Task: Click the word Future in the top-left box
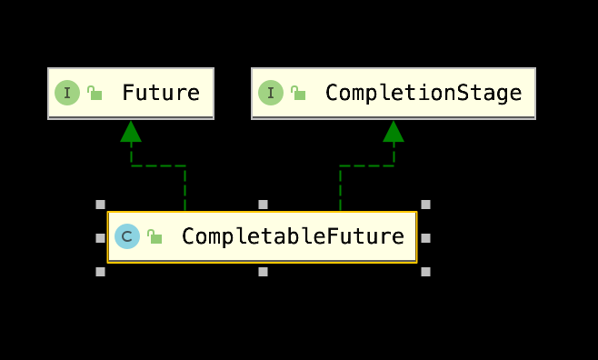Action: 161,93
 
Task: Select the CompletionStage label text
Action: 423,93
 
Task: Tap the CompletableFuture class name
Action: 293,237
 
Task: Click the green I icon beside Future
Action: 67,93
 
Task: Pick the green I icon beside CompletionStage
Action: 271,93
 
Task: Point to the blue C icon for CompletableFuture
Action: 127,237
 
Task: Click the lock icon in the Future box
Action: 95,93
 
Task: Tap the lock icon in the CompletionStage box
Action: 298,93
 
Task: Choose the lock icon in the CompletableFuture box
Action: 154,237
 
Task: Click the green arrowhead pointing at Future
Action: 131,132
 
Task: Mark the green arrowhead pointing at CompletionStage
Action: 394,132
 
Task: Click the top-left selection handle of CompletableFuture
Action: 100,205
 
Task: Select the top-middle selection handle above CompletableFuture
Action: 263,205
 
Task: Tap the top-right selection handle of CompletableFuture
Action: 425,205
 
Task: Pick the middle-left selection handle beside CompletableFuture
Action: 100,238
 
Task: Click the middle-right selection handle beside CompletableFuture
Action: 425,238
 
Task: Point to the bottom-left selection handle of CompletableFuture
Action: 100,271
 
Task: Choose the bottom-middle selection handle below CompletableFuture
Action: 263,271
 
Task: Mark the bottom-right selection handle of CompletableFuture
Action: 425,271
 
